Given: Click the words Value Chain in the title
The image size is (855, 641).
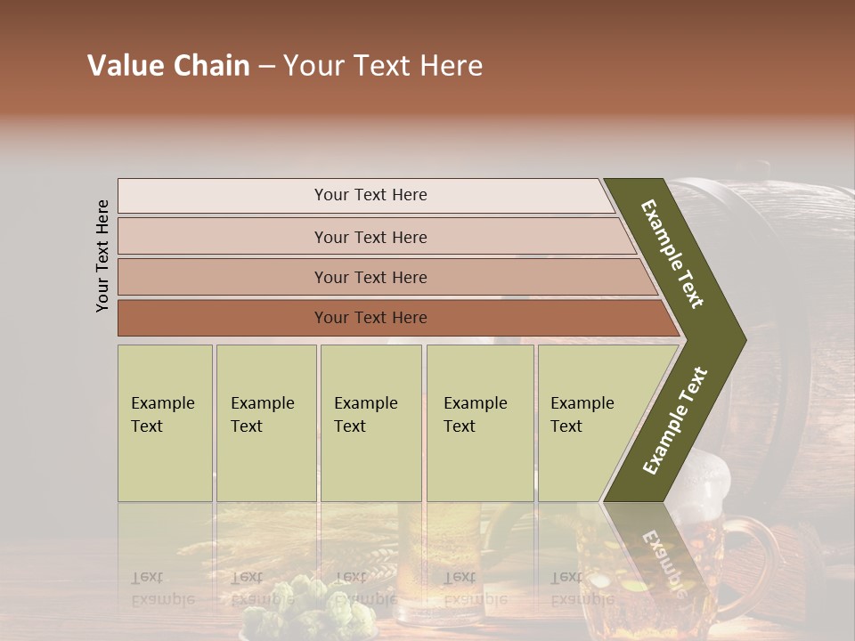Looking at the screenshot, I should pyautogui.click(x=168, y=66).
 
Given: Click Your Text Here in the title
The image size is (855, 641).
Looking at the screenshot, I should pyautogui.click(x=383, y=66).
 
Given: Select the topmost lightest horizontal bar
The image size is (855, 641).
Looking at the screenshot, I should pyautogui.click(x=370, y=195).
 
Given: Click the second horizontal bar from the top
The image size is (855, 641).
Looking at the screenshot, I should pyautogui.click(x=370, y=237).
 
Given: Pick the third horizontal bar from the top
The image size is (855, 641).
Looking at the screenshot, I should pyautogui.click(x=370, y=277).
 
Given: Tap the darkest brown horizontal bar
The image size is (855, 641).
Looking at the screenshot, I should pyautogui.click(x=370, y=318).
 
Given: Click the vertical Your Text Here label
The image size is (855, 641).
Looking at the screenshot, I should pyautogui.click(x=102, y=256).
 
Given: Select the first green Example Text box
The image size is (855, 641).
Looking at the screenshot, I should pyautogui.click(x=165, y=423).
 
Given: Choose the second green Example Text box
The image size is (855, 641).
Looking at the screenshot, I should pyautogui.click(x=265, y=423).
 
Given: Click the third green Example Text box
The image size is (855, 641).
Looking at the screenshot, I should pyautogui.click(x=370, y=423).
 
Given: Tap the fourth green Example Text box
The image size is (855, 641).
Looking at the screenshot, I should pyautogui.click(x=479, y=423).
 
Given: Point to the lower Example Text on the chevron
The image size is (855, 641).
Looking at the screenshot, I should pyautogui.click(x=675, y=420).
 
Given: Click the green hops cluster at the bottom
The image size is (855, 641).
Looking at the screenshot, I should pyautogui.click(x=285, y=605).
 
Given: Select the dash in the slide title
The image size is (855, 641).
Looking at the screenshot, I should pyautogui.click(x=266, y=66).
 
